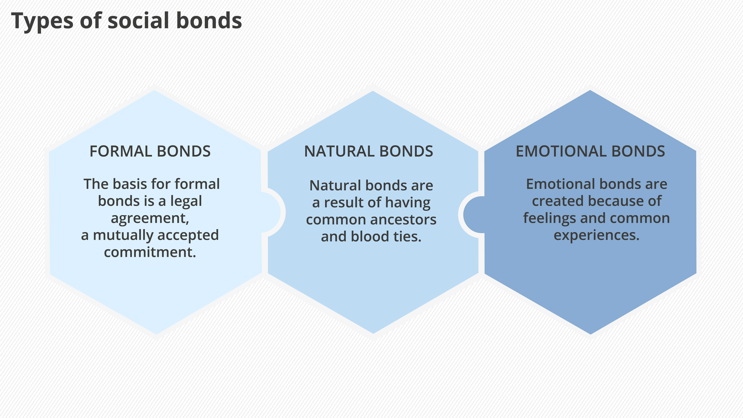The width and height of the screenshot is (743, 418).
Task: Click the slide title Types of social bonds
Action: click(127, 21)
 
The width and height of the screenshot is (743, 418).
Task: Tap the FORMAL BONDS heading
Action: click(150, 151)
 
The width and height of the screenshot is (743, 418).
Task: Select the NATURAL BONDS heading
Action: click(368, 151)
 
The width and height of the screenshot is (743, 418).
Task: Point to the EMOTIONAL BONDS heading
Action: click(590, 151)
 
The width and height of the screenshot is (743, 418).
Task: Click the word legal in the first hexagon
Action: click(186, 201)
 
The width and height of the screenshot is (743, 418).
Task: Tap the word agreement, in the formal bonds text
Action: click(150, 218)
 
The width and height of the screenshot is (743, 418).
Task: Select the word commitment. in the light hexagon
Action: click(150, 252)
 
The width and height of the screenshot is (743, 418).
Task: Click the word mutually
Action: click(123, 235)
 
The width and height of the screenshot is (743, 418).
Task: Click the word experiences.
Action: click(596, 235)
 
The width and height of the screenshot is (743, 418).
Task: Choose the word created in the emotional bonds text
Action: click(558, 201)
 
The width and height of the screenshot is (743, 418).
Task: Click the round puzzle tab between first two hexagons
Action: click(274, 212)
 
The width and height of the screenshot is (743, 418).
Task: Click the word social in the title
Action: click(138, 21)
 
